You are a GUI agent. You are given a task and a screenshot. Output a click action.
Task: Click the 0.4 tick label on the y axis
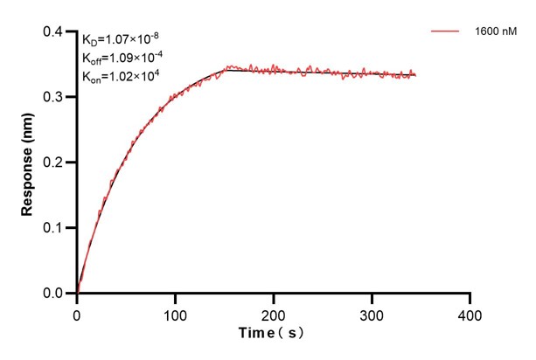53,31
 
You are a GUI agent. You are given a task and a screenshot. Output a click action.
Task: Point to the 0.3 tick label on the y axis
53,97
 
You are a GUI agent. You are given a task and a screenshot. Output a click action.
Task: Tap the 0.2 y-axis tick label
53,163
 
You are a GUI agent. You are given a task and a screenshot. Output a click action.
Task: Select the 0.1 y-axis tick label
53,228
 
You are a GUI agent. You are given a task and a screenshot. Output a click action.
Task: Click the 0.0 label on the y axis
53,294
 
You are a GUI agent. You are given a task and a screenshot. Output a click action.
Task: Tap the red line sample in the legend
446,31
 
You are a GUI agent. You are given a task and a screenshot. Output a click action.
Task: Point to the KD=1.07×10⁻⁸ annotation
120,39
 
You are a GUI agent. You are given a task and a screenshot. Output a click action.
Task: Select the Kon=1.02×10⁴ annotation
116,76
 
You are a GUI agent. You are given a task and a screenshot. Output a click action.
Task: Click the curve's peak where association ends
227,67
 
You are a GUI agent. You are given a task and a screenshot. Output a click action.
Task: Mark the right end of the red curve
415,75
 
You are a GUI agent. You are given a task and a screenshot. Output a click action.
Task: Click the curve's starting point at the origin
78,293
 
